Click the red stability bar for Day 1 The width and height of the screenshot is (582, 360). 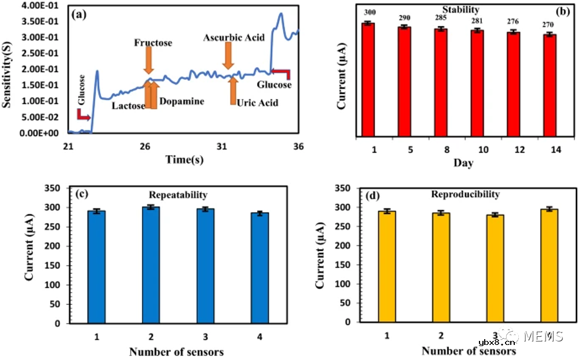(367, 80)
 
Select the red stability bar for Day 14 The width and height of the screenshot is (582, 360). (550, 86)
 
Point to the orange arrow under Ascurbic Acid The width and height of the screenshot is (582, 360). (228, 56)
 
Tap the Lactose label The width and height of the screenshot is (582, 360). (129, 105)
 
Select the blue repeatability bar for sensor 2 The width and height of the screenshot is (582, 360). (151, 265)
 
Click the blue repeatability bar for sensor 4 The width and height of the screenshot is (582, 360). (260, 269)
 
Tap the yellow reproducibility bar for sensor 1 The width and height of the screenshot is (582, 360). (387, 267)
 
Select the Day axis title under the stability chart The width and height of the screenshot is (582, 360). (463, 163)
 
